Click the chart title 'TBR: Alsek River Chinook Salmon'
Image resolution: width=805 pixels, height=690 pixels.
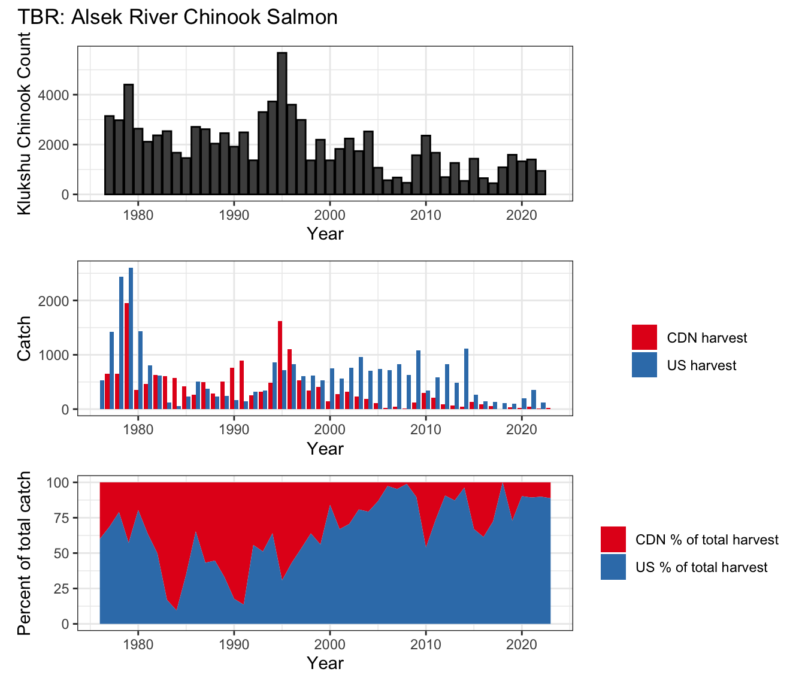177,17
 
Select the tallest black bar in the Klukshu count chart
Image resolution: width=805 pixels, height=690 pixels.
282,123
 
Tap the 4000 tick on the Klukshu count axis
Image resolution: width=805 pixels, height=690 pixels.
53,95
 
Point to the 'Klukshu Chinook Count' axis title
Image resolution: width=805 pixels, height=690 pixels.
24,123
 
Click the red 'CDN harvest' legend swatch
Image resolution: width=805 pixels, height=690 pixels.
644,337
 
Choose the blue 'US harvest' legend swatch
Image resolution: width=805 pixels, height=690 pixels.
644,365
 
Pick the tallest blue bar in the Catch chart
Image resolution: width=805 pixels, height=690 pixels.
131,338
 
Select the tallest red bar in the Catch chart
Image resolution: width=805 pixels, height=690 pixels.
126,356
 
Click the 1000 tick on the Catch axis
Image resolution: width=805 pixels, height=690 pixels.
53,355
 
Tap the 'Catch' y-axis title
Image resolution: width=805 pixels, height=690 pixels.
24,338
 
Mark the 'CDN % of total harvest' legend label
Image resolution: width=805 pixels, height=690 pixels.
707,540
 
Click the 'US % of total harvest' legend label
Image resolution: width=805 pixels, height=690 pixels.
701,567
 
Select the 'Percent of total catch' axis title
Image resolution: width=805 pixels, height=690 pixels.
24,553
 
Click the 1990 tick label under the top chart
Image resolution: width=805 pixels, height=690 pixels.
234,215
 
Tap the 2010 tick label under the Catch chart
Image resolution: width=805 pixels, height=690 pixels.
426,430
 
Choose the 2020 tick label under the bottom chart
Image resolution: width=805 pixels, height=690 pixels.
522,644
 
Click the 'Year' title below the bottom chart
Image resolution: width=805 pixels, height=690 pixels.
325,663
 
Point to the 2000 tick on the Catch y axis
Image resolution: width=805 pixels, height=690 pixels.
53,301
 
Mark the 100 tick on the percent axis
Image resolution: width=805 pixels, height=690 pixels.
57,482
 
